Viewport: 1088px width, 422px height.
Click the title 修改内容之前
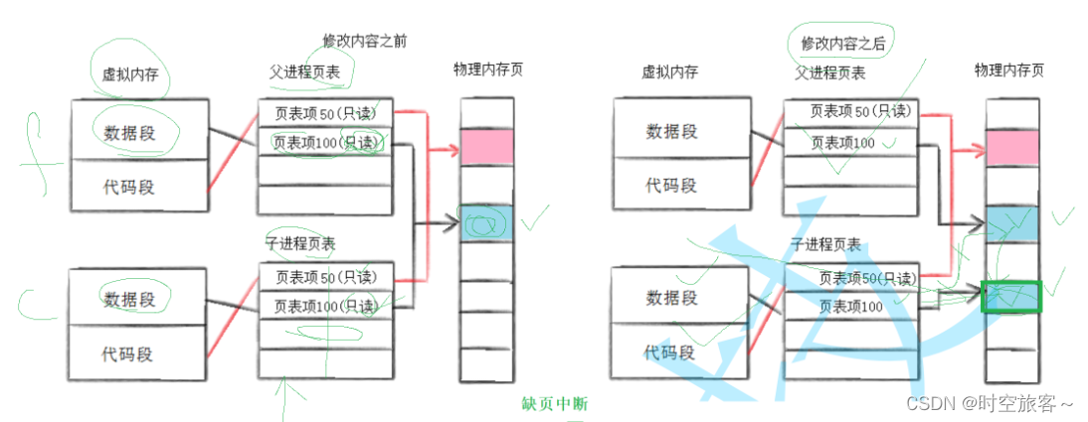(364, 41)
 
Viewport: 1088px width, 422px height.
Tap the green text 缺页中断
(555, 404)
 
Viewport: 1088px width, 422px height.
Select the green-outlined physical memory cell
(1011, 296)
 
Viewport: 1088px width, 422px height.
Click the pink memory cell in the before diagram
(486, 146)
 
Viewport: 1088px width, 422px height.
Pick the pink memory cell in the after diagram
(1011, 147)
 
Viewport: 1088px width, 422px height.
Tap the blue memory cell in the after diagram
(1011, 221)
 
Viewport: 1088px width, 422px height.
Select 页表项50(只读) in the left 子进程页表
(324, 277)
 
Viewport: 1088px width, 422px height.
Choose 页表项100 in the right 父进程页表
(842, 143)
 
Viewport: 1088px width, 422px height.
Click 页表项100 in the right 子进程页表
(850, 306)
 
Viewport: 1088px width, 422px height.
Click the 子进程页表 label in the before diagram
(299, 243)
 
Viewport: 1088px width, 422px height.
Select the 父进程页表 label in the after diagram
(829, 72)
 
